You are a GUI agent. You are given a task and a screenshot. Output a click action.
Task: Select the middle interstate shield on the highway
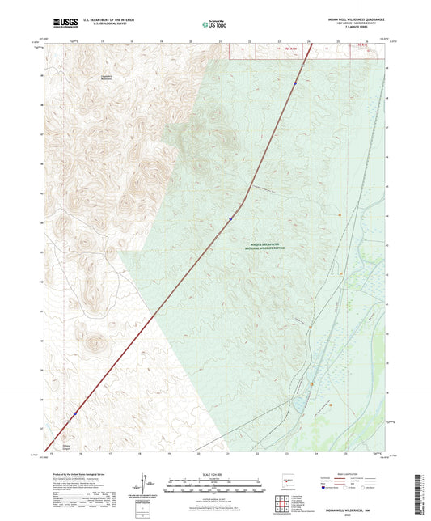(230, 218)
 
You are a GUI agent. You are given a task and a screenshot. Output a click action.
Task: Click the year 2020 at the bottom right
(353, 516)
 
